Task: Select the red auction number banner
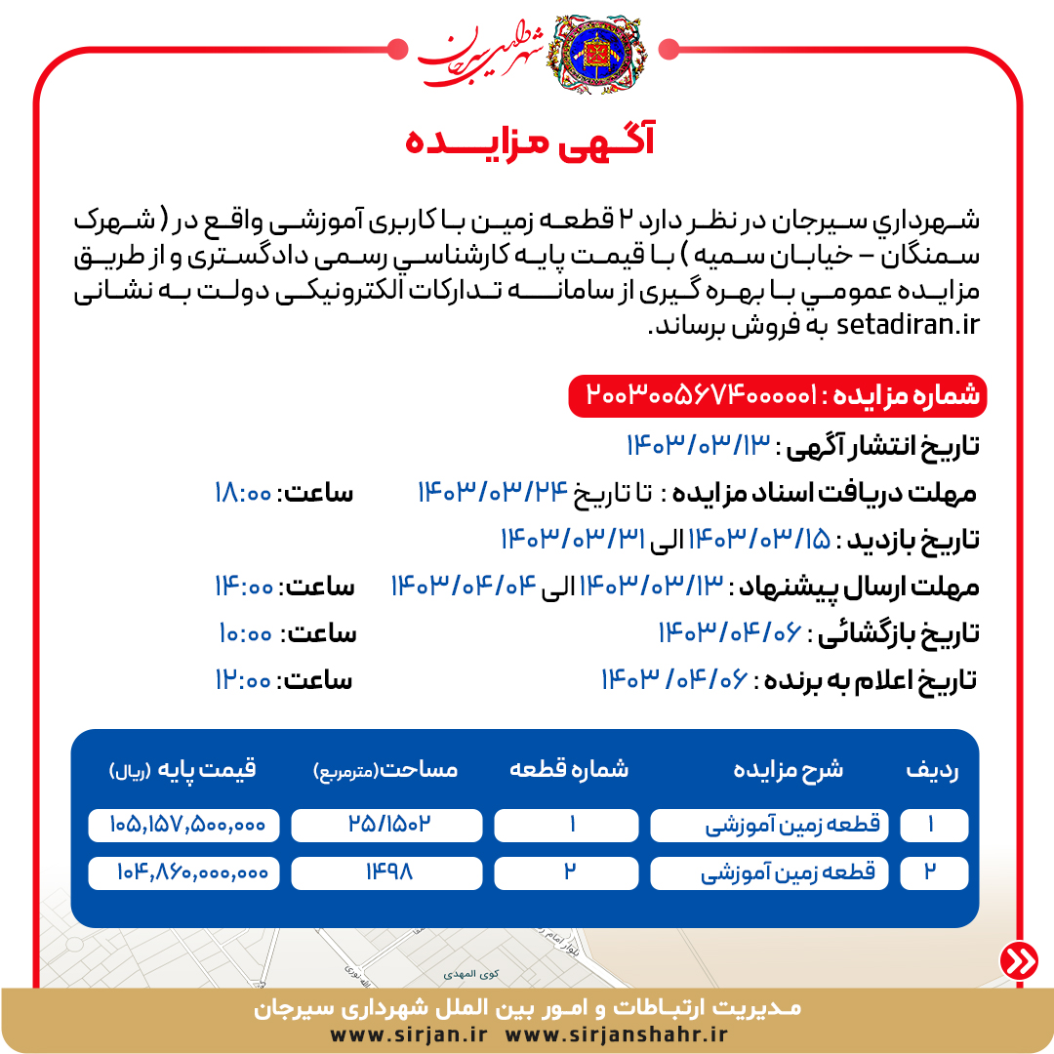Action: tap(778, 396)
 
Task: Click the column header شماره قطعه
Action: tap(569, 770)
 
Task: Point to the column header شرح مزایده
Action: tap(789, 770)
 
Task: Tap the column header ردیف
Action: tap(932, 770)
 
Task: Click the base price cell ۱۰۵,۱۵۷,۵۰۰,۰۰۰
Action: tap(183, 826)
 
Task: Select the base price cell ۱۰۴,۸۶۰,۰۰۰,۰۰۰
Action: tap(183, 872)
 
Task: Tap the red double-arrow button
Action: tap(1019, 960)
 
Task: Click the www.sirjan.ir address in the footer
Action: tap(409, 1034)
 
